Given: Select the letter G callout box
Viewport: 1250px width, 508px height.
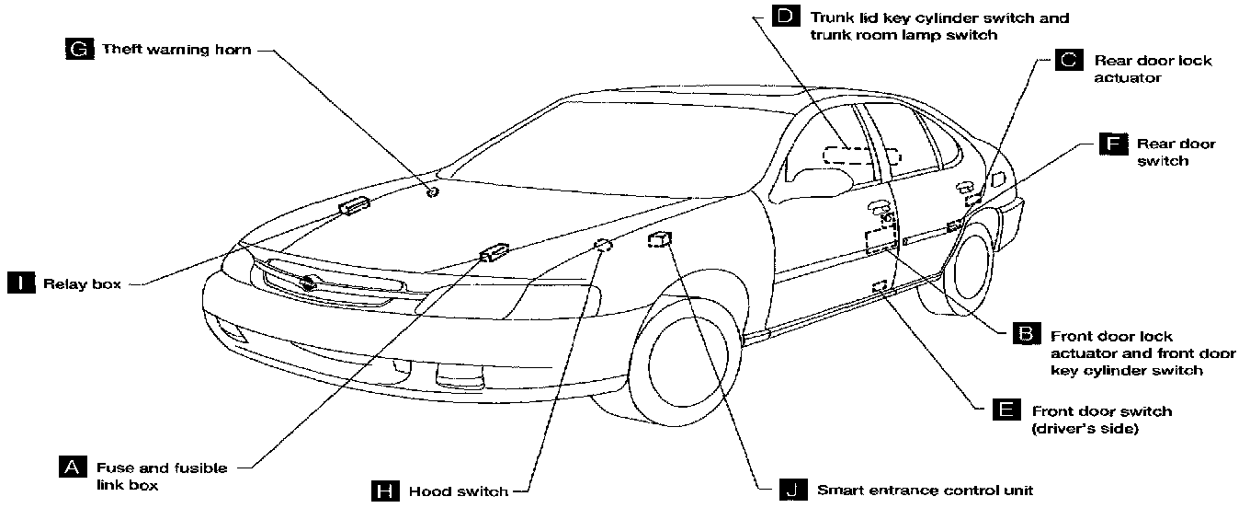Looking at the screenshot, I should point(80,49).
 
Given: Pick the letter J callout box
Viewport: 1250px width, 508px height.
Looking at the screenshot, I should point(790,491).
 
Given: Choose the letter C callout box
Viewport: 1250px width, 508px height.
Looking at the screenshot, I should point(1068,61).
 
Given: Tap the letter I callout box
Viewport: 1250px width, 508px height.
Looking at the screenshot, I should point(19,283).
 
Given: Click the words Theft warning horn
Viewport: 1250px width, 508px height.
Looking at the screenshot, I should point(176,49).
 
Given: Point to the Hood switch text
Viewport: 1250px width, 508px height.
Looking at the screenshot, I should point(458,491).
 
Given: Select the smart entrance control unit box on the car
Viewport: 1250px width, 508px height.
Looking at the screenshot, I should point(659,241).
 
